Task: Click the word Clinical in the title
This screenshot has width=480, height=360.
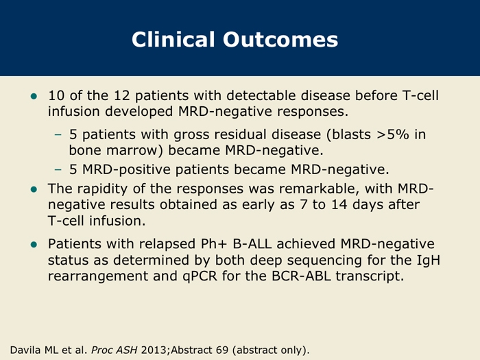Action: pos(173,40)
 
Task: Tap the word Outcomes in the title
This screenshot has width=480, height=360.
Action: pos(280,40)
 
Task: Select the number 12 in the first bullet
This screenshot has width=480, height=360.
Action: pos(122,95)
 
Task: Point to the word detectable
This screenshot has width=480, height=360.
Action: pos(261,95)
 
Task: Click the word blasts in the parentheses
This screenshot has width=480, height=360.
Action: pos(351,134)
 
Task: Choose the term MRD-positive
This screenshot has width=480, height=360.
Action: pos(126,169)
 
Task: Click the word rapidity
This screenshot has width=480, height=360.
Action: pos(102,189)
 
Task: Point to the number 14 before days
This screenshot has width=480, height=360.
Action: pos(339,204)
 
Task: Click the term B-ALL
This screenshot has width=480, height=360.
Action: pos(252,244)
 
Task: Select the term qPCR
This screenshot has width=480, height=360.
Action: pos(200,276)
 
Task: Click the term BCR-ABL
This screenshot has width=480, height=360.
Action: pos(301,276)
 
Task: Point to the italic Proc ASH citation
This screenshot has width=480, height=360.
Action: pos(115,350)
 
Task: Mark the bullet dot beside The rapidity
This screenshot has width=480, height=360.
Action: pos(34,189)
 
